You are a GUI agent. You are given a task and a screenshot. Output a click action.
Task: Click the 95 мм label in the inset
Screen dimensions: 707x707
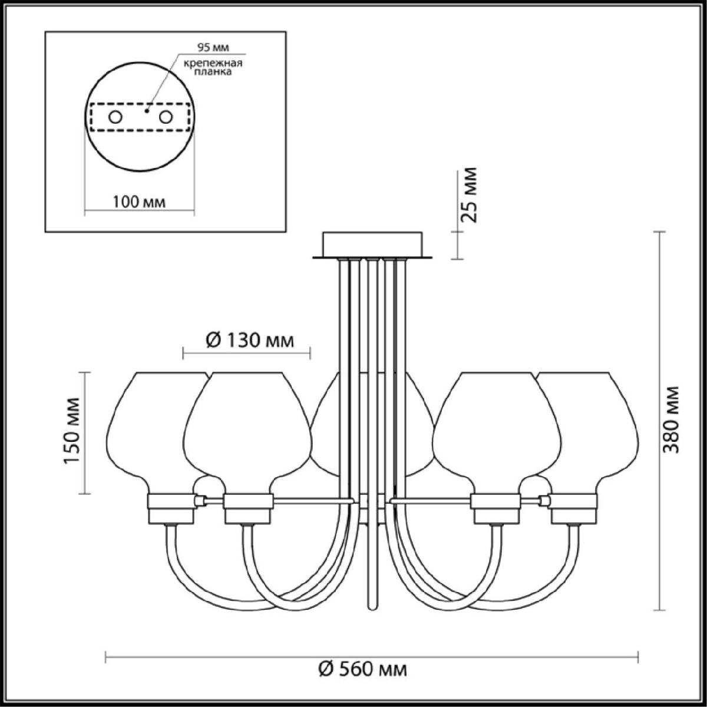pyautogui.click(x=213, y=48)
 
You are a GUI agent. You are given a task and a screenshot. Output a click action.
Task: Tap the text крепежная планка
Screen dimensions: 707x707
pyautogui.click(x=213, y=68)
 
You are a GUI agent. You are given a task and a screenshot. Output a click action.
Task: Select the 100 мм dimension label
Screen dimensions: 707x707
pyautogui.click(x=139, y=202)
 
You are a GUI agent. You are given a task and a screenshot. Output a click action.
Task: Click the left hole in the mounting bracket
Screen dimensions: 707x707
pyautogui.click(x=115, y=117)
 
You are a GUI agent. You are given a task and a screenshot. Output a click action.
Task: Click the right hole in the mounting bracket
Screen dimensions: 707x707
pyautogui.click(x=166, y=117)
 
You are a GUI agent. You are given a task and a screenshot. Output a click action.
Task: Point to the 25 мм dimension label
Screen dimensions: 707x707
pyautogui.click(x=469, y=195)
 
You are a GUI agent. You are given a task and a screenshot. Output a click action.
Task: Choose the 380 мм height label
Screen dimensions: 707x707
pyautogui.click(x=672, y=419)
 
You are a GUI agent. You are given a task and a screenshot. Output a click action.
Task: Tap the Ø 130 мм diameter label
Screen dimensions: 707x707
pyautogui.click(x=250, y=341)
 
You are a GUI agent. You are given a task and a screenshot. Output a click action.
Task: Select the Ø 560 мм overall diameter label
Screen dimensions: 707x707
pyautogui.click(x=363, y=669)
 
